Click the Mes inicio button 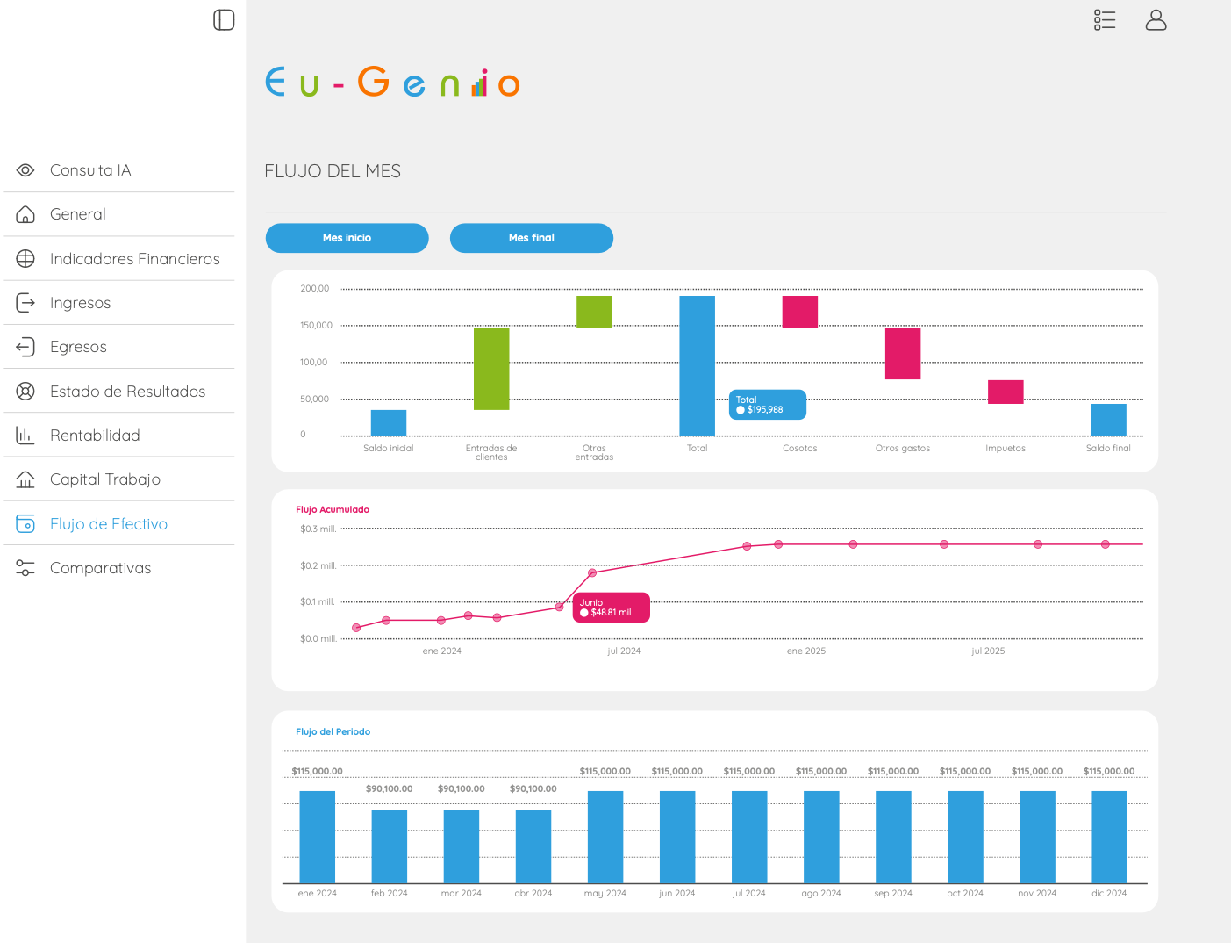(347, 238)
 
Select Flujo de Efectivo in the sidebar (108, 523)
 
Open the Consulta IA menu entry (90, 170)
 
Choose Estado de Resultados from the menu (127, 391)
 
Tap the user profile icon (1156, 20)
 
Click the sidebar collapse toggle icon (224, 20)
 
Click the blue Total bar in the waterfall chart (697, 365)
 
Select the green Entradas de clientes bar (491, 369)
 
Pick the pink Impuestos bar (1006, 392)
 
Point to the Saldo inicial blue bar (389, 422)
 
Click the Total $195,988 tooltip (768, 405)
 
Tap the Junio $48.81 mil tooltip (612, 608)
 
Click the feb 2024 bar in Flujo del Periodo (390, 846)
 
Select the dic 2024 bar (1109, 837)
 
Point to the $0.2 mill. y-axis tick (318, 565)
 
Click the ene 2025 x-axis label (806, 651)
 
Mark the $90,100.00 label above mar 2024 (462, 788)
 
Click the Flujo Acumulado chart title (333, 509)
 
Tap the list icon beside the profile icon (1105, 20)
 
